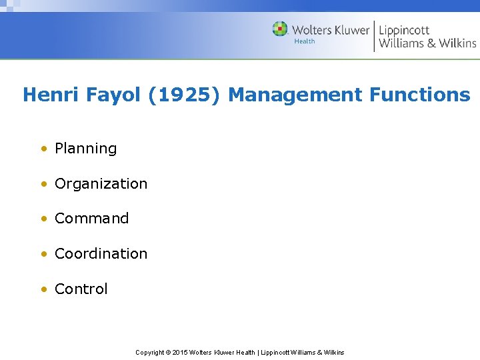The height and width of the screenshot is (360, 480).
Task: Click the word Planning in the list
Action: point(85,149)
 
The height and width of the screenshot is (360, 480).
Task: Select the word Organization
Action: point(101,184)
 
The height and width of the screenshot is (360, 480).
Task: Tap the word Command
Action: point(91,219)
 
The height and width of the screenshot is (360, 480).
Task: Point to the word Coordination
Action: point(101,254)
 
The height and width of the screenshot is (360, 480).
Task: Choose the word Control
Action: point(81,289)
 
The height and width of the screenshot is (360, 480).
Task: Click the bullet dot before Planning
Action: point(43,149)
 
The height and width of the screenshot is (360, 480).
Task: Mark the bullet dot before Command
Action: point(43,219)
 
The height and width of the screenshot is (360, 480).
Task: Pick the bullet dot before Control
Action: point(43,289)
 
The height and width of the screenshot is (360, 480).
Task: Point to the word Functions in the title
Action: point(420,95)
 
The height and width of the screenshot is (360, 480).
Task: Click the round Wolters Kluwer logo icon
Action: point(280,29)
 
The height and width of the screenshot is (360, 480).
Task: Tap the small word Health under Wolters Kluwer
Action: point(305,41)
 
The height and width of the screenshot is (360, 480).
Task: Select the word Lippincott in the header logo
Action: point(404,30)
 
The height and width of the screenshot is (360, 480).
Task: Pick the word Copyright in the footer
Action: point(150,353)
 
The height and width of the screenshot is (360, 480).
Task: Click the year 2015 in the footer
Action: point(180,353)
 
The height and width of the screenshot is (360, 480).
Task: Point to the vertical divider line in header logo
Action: point(374,36)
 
